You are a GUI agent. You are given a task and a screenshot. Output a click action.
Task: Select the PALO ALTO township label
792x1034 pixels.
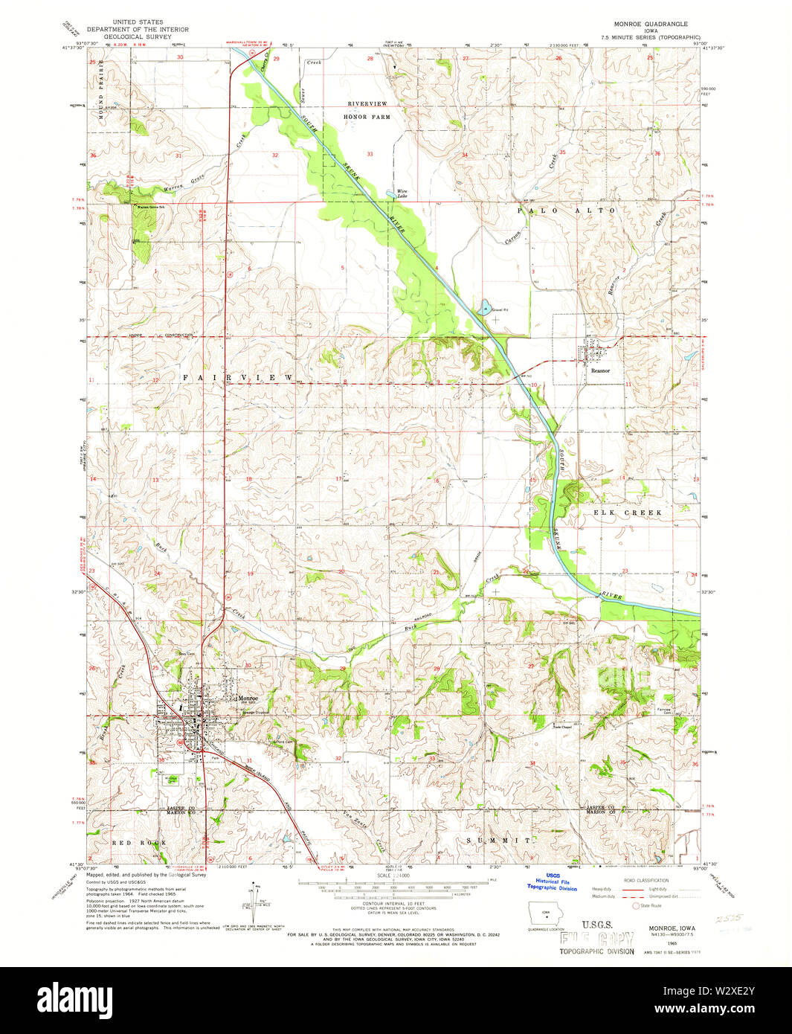point(567,211)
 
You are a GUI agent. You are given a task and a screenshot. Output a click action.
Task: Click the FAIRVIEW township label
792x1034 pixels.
point(238,378)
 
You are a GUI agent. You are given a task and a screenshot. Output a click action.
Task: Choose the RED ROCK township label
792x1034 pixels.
point(138,842)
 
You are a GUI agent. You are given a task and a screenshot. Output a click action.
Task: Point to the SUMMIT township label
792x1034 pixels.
point(498,840)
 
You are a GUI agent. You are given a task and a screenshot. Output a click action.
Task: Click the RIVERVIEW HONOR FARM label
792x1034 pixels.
point(366,110)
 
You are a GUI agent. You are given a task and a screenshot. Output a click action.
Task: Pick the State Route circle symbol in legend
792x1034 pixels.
point(635,906)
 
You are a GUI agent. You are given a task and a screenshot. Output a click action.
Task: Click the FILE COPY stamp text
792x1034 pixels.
point(596,939)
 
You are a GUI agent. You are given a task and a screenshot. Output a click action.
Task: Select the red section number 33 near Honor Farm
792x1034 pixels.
point(370,154)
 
